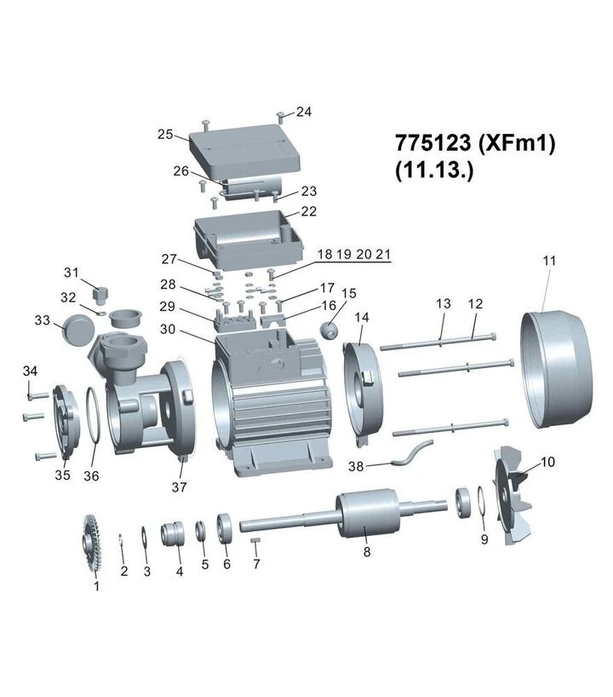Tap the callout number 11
pos(549,261)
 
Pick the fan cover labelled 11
pos(556,370)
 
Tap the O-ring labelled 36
pos(94,415)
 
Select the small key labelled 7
pos(255,539)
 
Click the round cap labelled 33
pos(78,329)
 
